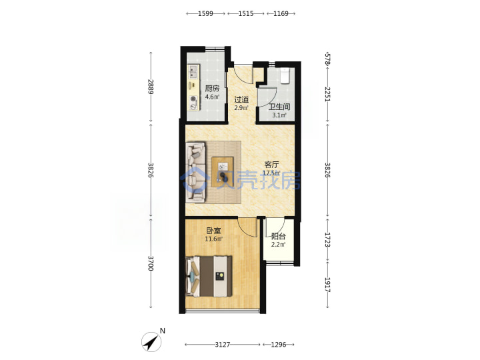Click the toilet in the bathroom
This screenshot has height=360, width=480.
(x=285, y=75)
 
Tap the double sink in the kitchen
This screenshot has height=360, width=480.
(x=193, y=72)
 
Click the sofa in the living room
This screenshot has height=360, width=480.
(x=196, y=172)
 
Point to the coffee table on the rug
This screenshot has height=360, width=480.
(x=223, y=171)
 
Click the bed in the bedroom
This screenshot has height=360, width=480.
(x=209, y=277)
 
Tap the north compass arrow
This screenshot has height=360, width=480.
(x=151, y=342)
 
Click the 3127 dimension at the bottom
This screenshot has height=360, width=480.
(x=222, y=345)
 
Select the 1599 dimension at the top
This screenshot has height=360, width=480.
(x=205, y=13)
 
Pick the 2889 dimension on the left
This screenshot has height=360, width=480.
(x=151, y=87)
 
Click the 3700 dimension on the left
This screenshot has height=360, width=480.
(x=151, y=263)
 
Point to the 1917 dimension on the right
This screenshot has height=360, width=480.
(x=327, y=285)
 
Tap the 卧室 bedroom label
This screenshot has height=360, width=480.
(x=213, y=231)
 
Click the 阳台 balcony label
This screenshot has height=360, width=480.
(x=278, y=236)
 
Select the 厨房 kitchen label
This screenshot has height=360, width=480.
(x=212, y=89)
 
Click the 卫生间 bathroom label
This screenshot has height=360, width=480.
(x=279, y=107)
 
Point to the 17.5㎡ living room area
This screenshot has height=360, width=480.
(x=271, y=173)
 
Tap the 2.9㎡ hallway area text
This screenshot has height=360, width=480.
(x=241, y=107)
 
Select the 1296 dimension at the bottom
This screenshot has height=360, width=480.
(x=279, y=345)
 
